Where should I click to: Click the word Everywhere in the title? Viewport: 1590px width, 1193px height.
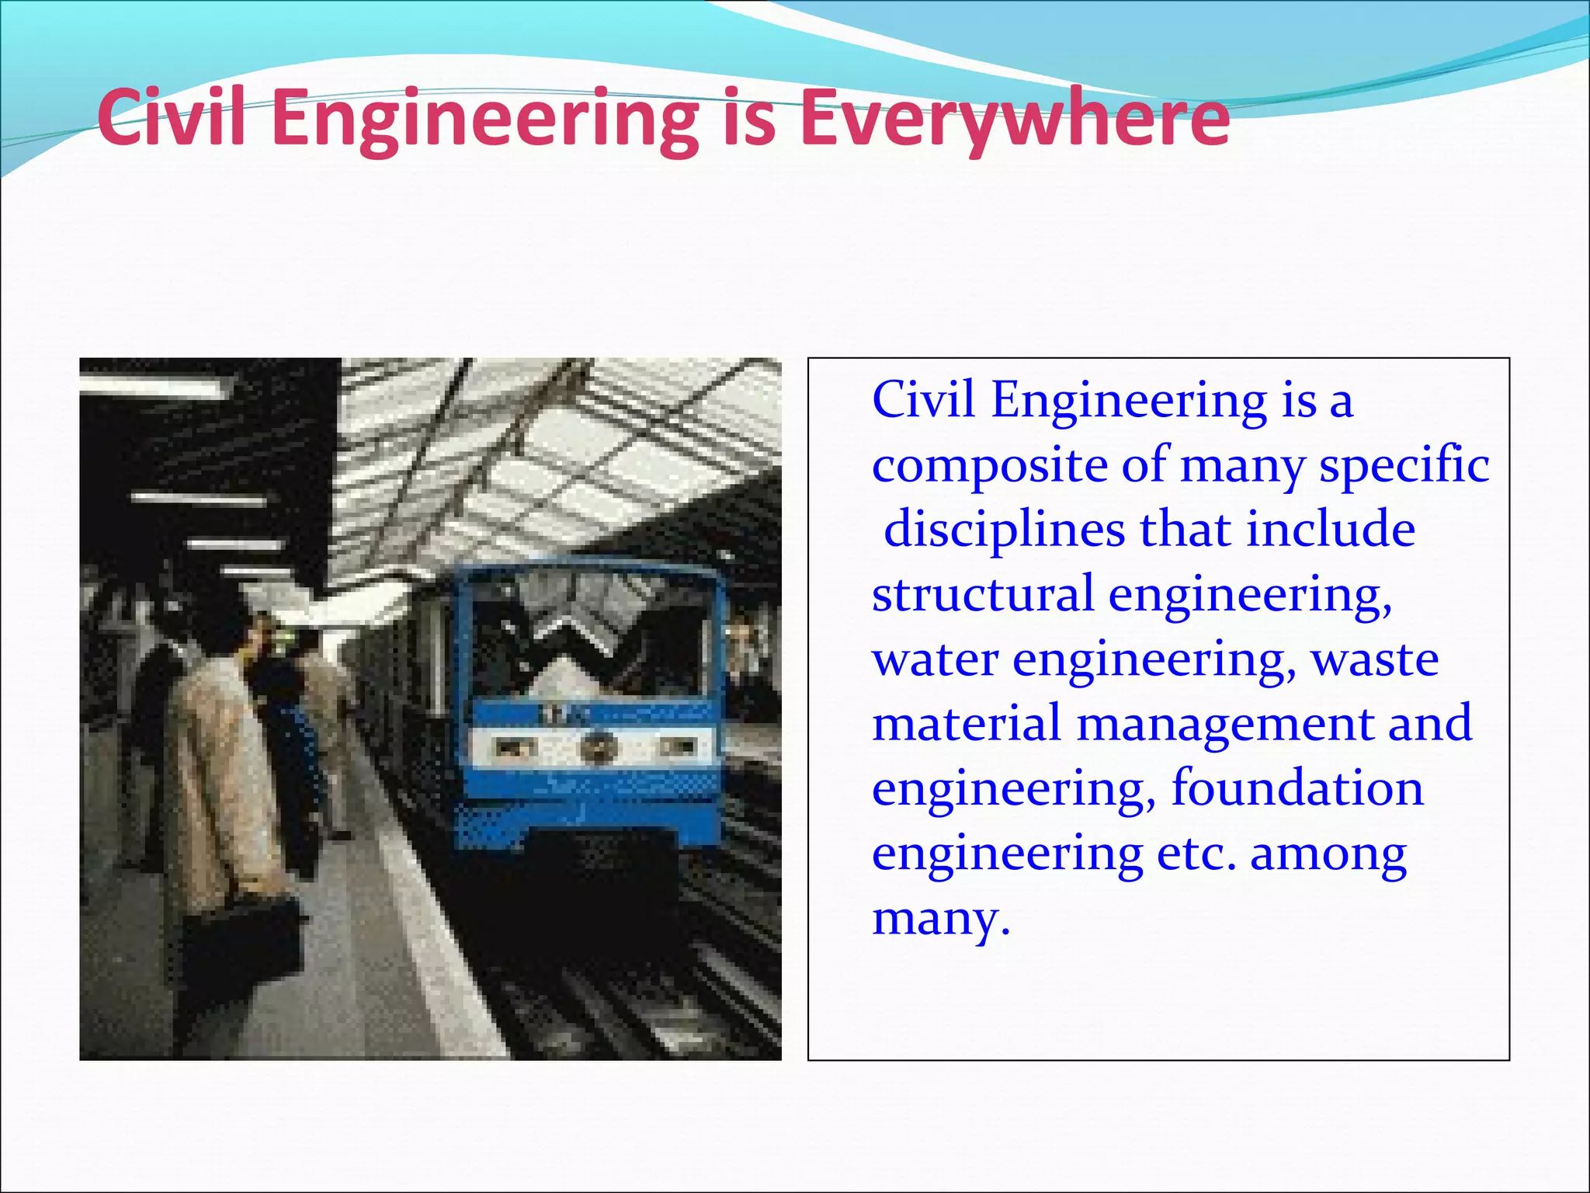(x=1014, y=119)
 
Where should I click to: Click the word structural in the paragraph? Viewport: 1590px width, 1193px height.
(x=982, y=594)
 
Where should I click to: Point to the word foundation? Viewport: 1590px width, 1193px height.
(x=1297, y=788)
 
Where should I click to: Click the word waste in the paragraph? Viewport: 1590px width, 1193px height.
(x=1374, y=660)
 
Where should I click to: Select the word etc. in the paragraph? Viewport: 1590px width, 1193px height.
(x=1196, y=854)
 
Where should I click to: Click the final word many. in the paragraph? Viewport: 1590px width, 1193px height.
(x=940, y=920)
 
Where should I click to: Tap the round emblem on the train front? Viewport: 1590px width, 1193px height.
(x=595, y=748)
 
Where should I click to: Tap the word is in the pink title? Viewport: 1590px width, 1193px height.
(x=749, y=119)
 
